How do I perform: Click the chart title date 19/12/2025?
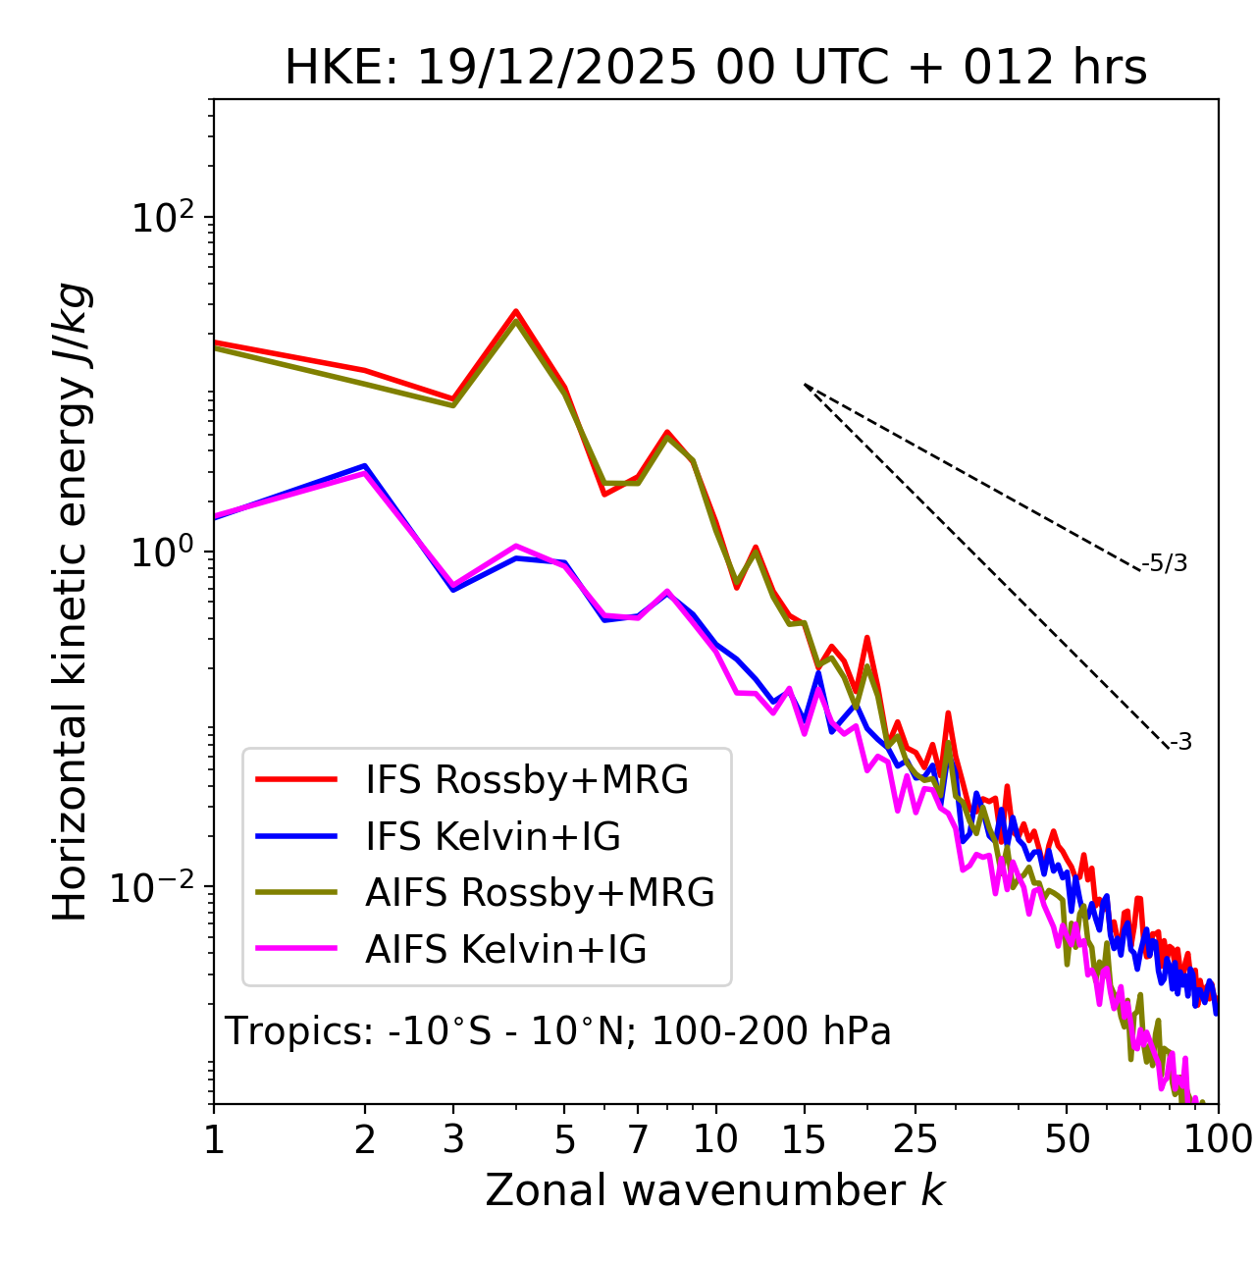558,69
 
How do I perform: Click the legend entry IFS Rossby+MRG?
526,780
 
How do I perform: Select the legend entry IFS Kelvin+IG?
493,837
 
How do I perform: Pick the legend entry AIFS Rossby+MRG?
540,893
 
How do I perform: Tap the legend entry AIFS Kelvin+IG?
505,950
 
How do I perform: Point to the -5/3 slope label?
1165,563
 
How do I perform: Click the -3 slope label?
1180,742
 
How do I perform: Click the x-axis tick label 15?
804,1139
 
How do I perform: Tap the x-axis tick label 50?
1067,1139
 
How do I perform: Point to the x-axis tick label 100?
1217,1139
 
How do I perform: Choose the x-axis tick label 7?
638,1139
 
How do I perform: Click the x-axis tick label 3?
453,1139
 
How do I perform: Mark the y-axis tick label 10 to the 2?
162,217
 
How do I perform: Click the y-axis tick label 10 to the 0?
162,552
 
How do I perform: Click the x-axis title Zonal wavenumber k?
714,1190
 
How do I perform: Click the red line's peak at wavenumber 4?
515,311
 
